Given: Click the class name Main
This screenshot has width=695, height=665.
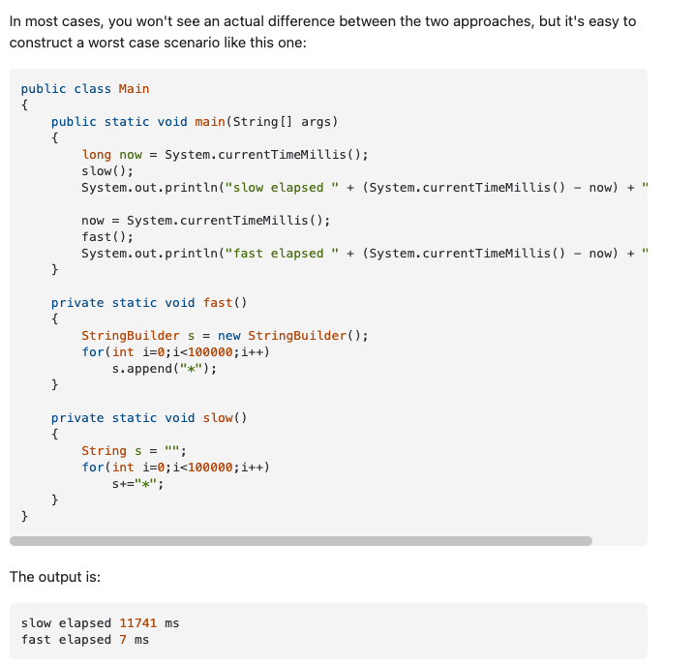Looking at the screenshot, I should pos(134,89).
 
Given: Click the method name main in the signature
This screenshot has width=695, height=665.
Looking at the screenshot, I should pos(209,122).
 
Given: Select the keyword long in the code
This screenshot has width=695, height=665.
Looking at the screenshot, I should pos(96,155).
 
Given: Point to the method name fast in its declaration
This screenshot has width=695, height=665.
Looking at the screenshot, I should pos(218,303).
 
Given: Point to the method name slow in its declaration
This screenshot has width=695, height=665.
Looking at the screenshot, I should pos(218,418).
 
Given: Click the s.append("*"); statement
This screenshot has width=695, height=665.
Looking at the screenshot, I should pos(164,369).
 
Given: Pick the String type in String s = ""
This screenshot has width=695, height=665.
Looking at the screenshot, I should pos(104,451).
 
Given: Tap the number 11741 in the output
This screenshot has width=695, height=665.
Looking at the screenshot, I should pos(137,623).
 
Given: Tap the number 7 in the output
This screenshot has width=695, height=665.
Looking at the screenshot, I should pos(123,640).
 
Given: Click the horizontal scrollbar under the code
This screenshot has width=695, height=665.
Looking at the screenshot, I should pos(300,541).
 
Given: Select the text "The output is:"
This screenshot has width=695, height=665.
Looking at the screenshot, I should pos(55,577).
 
